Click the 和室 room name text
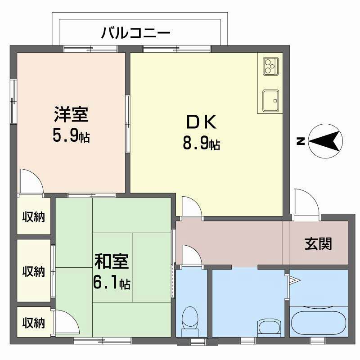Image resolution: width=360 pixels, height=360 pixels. point(112,261)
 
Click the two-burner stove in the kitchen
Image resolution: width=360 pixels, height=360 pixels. point(270,67)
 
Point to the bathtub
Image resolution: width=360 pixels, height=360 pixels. point(319,320)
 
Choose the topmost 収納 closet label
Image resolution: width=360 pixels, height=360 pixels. point(34,217)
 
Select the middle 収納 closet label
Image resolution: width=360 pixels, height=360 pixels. point(34,271)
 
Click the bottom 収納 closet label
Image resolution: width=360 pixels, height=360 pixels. point(34,322)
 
